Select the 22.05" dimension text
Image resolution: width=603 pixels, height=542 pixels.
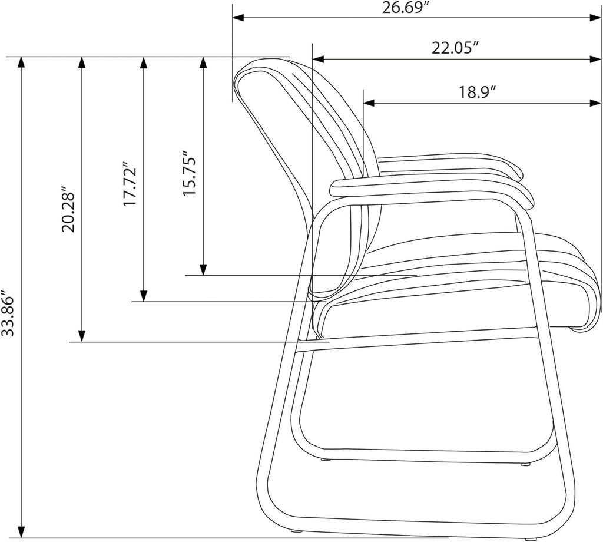(455, 48)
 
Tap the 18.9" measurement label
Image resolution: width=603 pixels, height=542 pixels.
(476, 92)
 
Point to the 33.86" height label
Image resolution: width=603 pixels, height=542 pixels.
(8, 313)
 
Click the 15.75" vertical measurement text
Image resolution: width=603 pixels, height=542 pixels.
(190, 173)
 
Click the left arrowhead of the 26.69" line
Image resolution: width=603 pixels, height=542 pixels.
(238, 18)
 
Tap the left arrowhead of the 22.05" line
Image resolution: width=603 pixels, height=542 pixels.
(319, 60)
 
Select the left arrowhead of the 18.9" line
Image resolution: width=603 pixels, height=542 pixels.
(369, 103)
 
